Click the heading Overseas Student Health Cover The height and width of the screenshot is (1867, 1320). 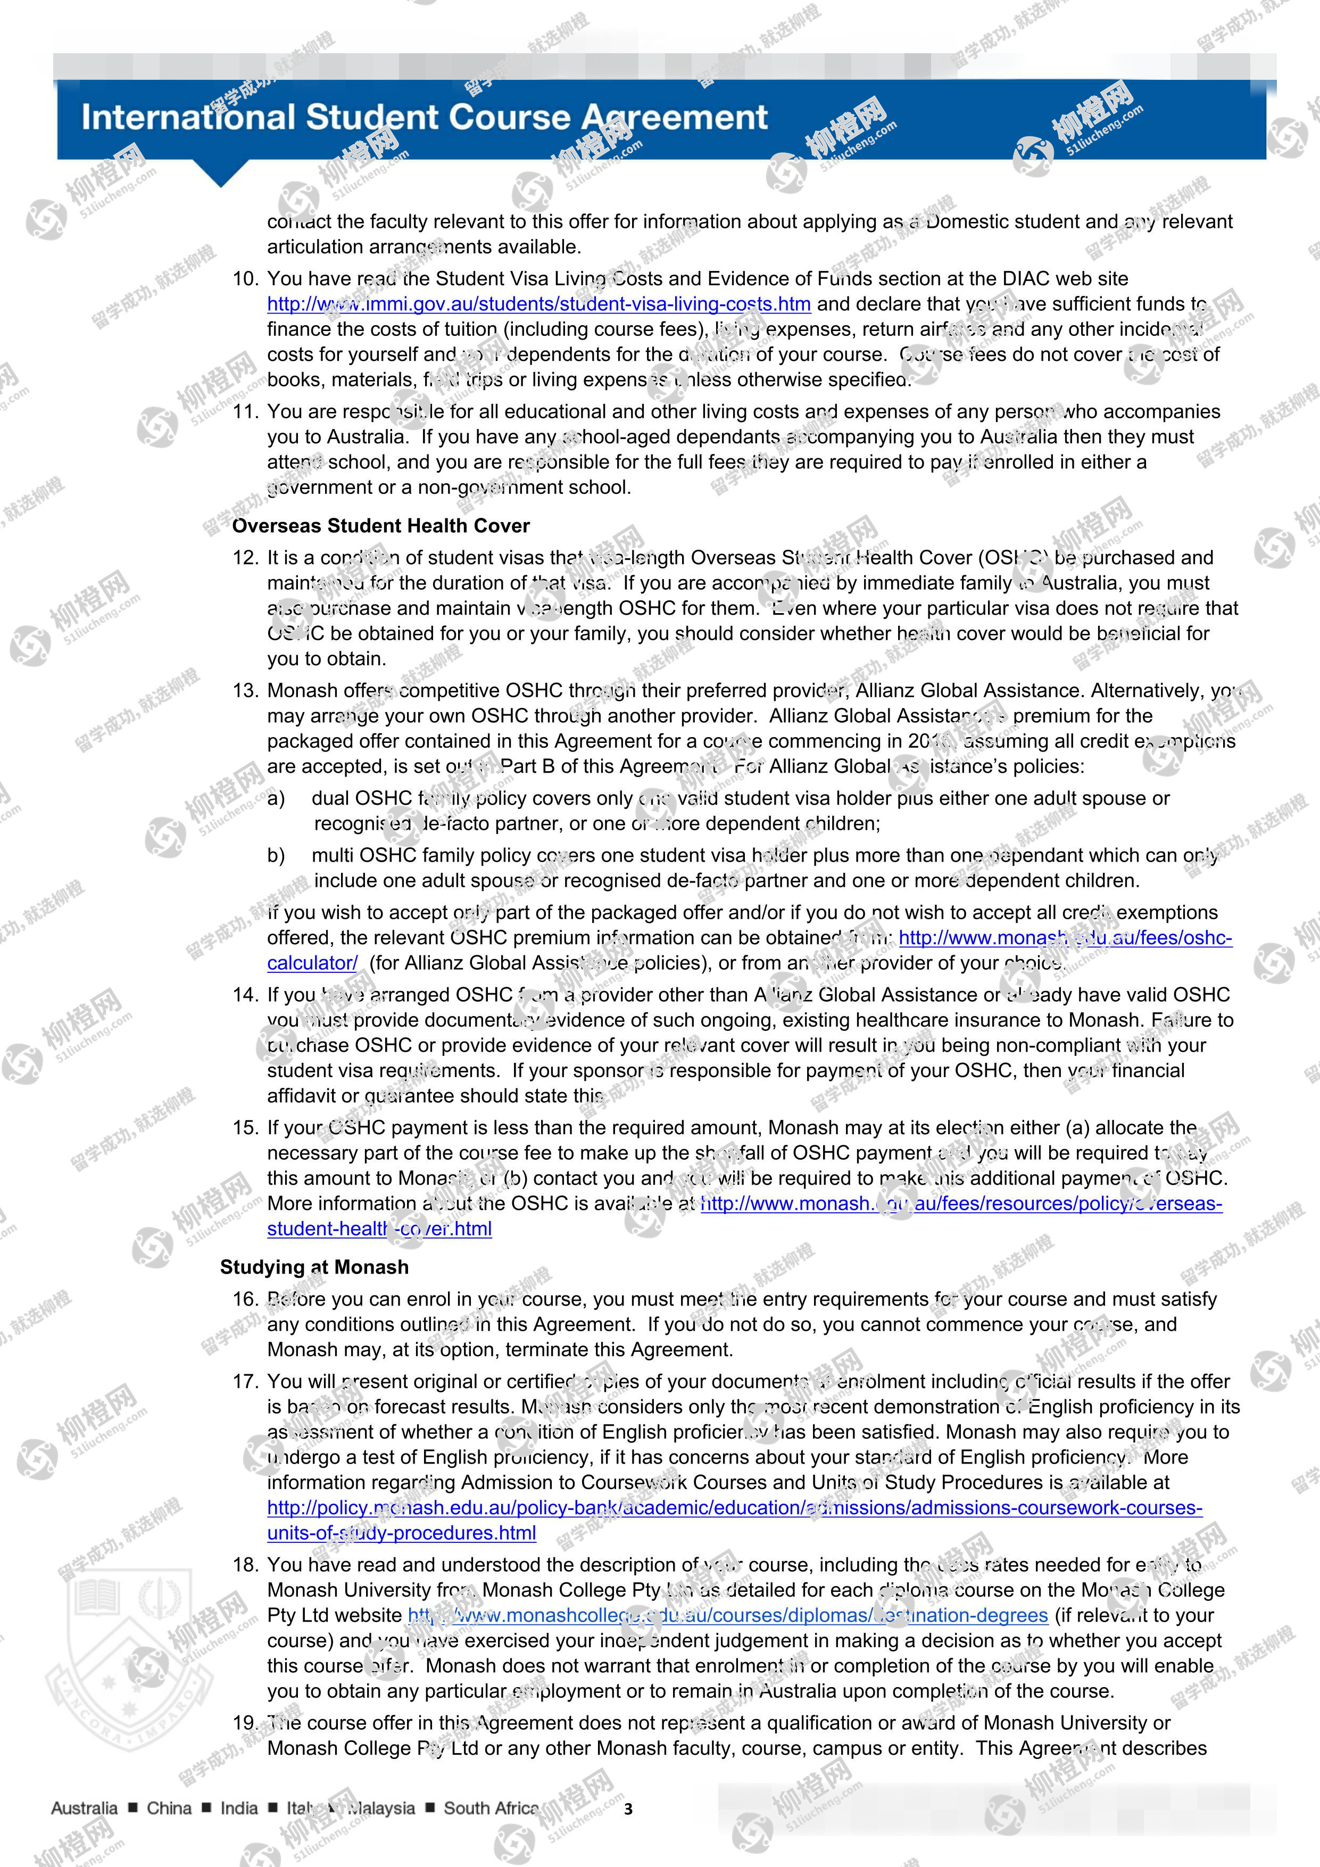coord(380,526)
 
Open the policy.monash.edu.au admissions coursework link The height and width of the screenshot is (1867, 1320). coord(734,1508)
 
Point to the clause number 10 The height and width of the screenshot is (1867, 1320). coord(245,279)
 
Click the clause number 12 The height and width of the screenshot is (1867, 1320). coord(245,558)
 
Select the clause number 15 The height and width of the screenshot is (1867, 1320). coord(245,1128)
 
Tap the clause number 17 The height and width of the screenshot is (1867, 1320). coord(245,1382)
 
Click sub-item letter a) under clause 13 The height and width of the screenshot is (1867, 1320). coord(276,798)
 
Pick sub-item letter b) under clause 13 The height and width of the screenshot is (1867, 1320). coord(276,855)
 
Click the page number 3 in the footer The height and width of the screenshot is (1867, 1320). coord(627,1810)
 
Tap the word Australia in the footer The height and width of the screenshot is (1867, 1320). coord(84,1808)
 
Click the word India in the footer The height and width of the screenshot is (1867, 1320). coord(239,1808)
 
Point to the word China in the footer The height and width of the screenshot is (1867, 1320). coord(169,1808)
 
